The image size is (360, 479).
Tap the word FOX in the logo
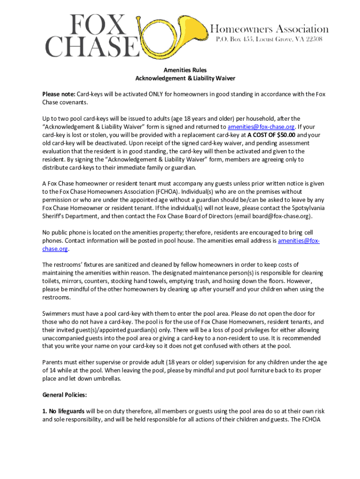click(98, 25)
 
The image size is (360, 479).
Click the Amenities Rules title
click(185, 70)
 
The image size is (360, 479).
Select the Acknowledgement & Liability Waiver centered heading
click(185, 78)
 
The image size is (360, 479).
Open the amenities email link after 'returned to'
click(261, 127)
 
